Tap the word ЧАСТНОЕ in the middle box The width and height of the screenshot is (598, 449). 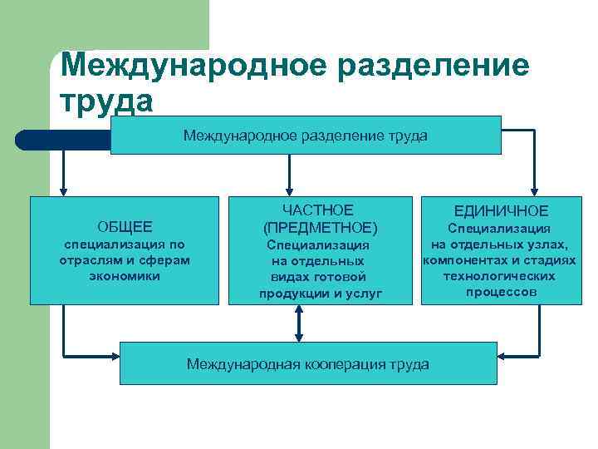click(318, 210)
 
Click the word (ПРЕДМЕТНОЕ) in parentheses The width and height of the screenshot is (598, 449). click(319, 227)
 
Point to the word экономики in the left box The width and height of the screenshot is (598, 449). click(125, 275)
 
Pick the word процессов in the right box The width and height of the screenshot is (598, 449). click(502, 292)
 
